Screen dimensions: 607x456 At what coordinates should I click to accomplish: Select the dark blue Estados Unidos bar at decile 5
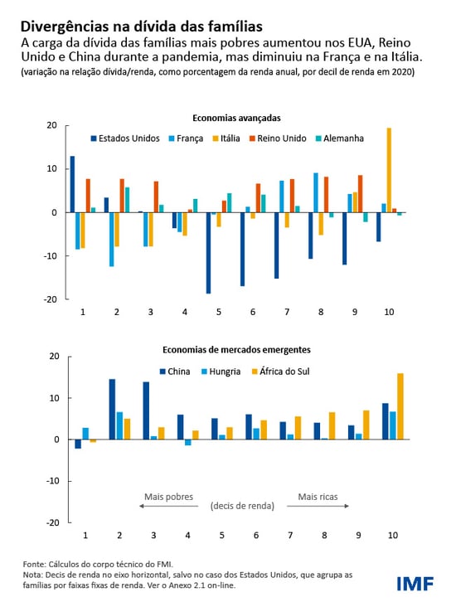[208, 252]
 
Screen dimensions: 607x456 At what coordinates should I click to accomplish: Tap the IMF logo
[415, 584]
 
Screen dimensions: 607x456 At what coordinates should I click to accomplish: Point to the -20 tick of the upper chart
[51, 299]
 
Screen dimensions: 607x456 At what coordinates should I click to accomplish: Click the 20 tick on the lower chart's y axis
[54, 357]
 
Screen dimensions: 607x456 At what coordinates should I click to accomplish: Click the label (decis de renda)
[243, 506]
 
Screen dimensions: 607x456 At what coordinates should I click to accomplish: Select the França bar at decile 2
[112, 239]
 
